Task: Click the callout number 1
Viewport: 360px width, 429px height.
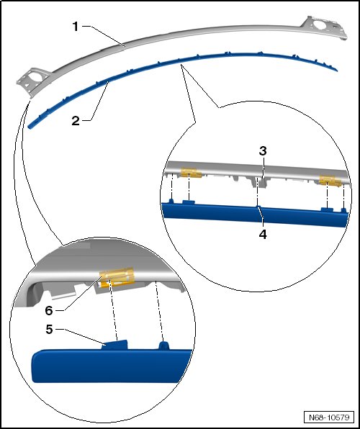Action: coord(76,27)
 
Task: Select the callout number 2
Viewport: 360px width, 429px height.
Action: coord(76,121)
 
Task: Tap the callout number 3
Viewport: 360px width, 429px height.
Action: coord(263,150)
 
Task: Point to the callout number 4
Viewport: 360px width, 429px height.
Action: coord(263,235)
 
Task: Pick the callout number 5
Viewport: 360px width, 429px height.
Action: coord(49,330)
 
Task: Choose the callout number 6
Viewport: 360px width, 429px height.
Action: coord(49,310)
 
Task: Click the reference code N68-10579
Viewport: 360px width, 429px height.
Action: coord(329,417)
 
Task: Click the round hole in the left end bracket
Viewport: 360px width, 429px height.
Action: coord(37,77)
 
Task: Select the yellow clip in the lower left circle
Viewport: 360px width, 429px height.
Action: coord(117,277)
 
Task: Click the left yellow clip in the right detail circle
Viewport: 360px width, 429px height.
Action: coord(191,173)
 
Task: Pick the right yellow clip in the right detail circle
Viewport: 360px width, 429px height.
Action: coord(330,181)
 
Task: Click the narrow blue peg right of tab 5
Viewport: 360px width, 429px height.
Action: coord(163,346)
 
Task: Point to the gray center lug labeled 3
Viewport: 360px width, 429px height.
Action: coord(262,182)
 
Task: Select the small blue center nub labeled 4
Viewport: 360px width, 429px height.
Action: coord(258,207)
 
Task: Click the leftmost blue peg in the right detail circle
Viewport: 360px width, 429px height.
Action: coord(171,202)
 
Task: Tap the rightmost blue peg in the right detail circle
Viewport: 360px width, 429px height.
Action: coord(343,210)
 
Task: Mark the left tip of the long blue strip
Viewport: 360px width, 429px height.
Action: coord(29,127)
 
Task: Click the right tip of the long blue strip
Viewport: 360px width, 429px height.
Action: coord(337,71)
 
